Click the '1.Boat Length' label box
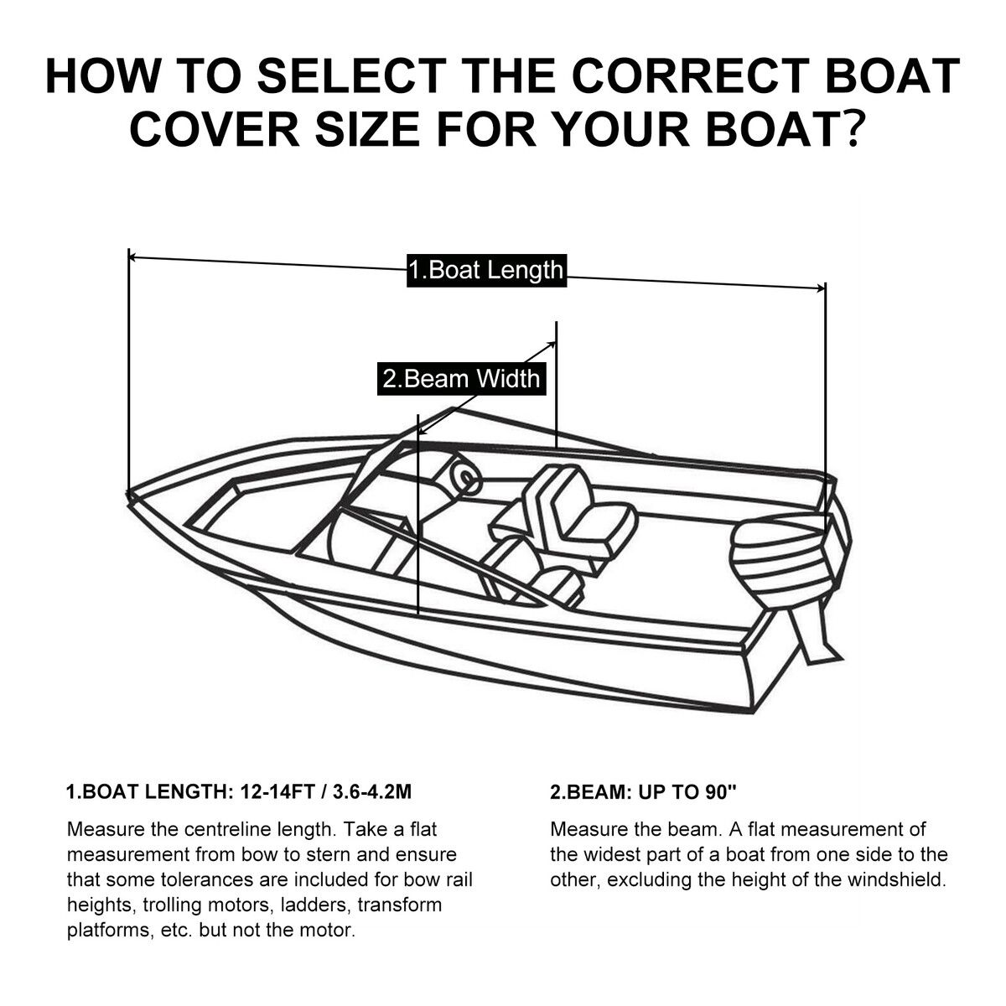click(486, 270)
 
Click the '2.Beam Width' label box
click(461, 379)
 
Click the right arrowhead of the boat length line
click(822, 288)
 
